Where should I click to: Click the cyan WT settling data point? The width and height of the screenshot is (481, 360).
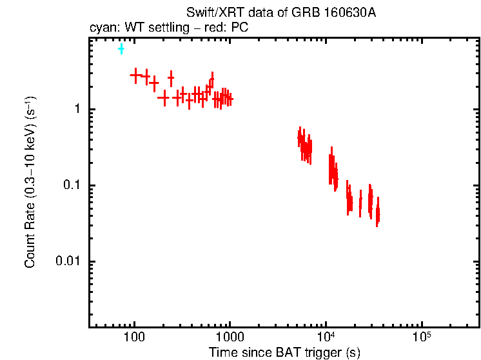tap(121, 49)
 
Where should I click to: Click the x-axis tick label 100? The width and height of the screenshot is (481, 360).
tap(134, 337)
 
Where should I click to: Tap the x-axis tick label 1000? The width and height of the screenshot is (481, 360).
tap(230, 337)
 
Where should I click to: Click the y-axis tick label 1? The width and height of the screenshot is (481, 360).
tap(76, 109)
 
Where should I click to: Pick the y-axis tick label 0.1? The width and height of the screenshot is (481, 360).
tap(71, 185)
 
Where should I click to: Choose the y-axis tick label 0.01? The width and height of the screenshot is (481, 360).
tap(68, 261)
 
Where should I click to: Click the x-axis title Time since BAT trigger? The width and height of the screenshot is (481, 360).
tap(284, 352)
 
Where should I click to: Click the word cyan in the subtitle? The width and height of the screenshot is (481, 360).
tap(101, 28)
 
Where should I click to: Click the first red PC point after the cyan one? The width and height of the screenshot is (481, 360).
tap(135, 75)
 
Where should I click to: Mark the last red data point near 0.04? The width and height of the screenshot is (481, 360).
tap(377, 214)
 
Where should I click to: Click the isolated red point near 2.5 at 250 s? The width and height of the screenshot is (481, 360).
tap(171, 78)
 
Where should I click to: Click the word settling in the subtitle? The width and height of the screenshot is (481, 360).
tap(172, 28)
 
